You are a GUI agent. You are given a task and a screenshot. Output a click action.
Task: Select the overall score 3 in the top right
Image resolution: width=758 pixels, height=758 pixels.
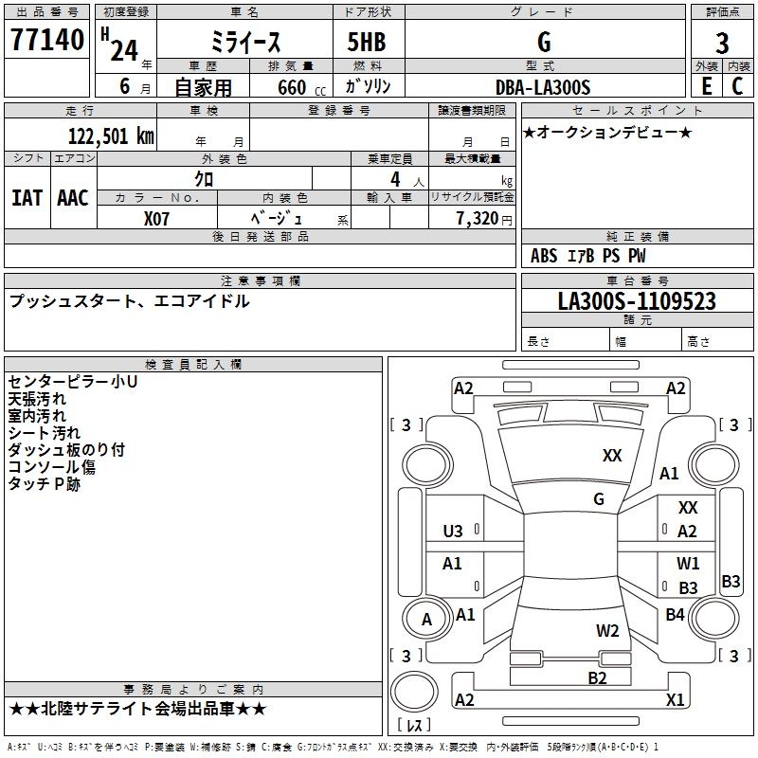(x=722, y=43)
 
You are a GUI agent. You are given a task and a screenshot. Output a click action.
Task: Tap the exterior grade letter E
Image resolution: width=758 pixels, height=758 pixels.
(x=706, y=86)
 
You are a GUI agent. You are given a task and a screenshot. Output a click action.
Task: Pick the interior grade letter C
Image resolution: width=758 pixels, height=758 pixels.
(x=737, y=86)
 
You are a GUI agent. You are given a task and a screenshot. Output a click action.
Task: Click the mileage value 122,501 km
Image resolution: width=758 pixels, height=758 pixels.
(x=111, y=135)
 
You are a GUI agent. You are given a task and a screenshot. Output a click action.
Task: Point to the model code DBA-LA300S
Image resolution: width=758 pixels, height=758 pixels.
(x=543, y=87)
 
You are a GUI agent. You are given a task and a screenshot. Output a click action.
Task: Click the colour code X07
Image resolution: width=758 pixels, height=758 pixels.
(x=157, y=217)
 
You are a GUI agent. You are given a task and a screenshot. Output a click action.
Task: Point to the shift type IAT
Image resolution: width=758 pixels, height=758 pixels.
(x=27, y=198)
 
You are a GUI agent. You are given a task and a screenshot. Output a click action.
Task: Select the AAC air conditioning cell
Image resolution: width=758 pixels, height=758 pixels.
(x=73, y=198)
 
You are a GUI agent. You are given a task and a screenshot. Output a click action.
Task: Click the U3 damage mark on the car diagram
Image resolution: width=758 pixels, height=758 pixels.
(x=453, y=532)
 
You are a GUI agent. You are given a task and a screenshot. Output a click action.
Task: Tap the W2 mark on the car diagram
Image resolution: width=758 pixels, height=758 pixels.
(x=607, y=630)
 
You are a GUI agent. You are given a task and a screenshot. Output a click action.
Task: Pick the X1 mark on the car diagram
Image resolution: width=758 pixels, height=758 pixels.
(x=676, y=700)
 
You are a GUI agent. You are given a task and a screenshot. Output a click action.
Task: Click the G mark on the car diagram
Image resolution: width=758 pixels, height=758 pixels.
(x=599, y=499)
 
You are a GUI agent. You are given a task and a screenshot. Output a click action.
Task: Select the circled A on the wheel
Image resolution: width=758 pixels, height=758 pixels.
(x=426, y=621)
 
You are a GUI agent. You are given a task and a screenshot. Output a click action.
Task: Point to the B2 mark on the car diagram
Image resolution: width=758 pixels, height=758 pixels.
(x=597, y=677)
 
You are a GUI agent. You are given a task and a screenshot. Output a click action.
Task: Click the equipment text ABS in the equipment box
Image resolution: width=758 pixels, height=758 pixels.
(x=544, y=256)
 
